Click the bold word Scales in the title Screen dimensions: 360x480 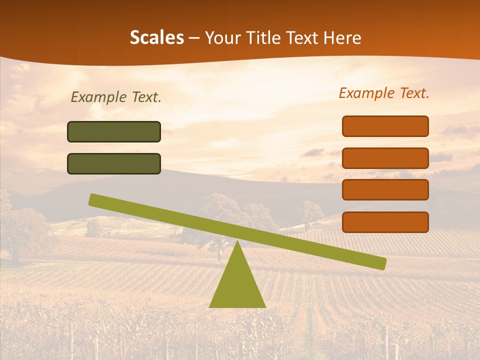pyautogui.click(x=156, y=37)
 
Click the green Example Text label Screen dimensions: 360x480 pyautogui.click(x=116, y=97)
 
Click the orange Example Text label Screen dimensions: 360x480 pyautogui.click(x=384, y=93)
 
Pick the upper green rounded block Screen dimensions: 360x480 pyautogui.click(x=114, y=131)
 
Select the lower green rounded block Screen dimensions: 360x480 pyautogui.click(x=114, y=163)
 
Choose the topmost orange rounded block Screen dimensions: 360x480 pyautogui.click(x=385, y=126)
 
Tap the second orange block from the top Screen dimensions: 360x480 pyautogui.click(x=385, y=158)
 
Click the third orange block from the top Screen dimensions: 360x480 pyautogui.click(x=385, y=189)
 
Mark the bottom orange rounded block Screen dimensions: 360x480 pyautogui.click(x=385, y=222)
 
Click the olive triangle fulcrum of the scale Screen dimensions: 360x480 pyautogui.click(x=237, y=285)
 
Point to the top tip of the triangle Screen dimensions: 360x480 pyautogui.click(x=237, y=241)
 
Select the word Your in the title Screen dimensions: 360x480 pyautogui.click(x=223, y=37)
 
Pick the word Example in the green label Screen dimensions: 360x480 pyautogui.click(x=98, y=97)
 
